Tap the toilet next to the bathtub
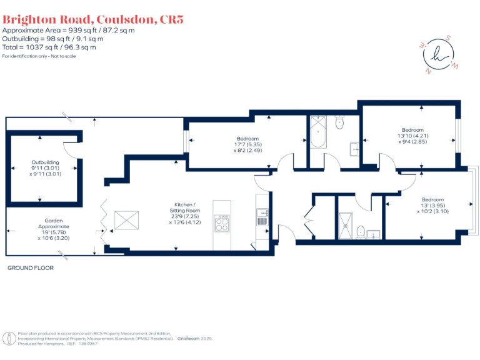click(340, 122)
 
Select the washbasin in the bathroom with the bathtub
click(354, 148)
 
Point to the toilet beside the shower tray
click(360, 232)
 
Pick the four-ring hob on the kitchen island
click(222, 223)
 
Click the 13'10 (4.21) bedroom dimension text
click(412, 136)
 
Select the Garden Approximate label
click(48, 223)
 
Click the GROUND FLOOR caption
click(31, 267)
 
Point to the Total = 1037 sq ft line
click(50, 47)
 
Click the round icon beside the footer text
click(9, 338)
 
